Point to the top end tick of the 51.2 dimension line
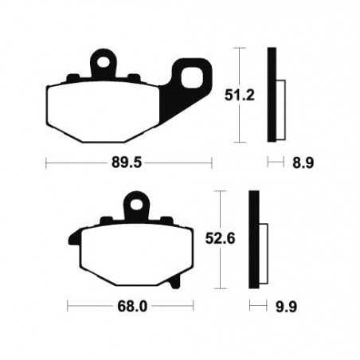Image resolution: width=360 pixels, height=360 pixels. pos(237,48)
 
